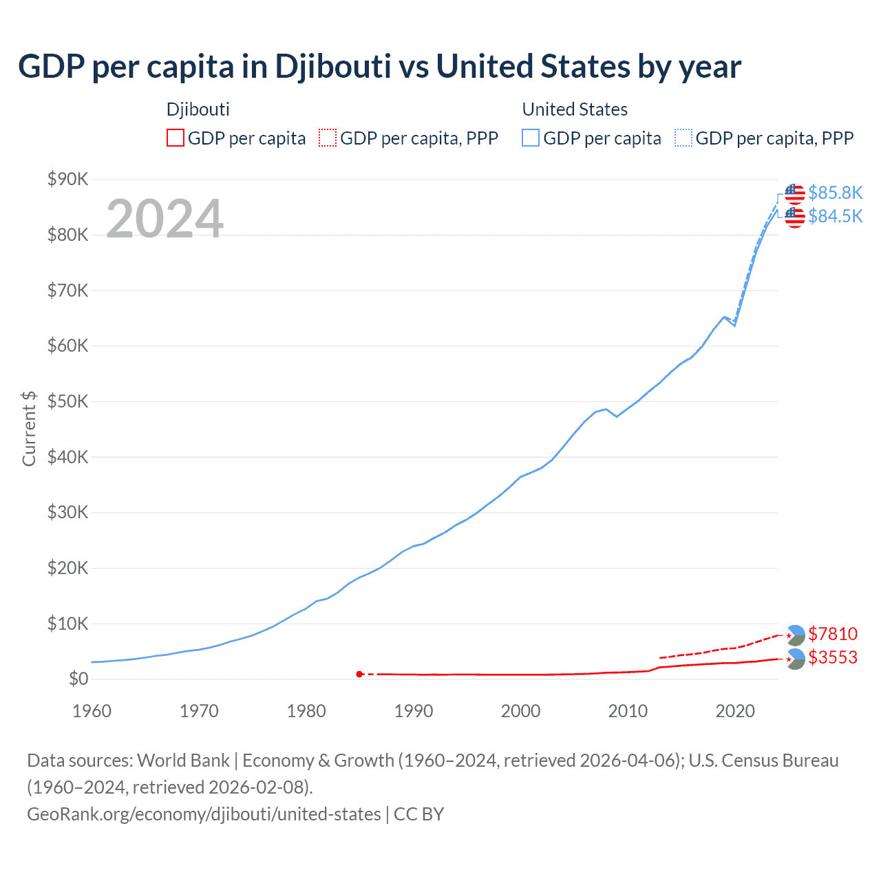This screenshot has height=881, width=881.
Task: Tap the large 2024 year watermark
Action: (164, 219)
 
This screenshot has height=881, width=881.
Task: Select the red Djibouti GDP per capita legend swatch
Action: (176, 138)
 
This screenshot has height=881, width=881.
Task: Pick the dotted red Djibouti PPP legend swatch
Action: (328, 138)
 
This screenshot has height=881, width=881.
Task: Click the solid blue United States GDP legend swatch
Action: (531, 138)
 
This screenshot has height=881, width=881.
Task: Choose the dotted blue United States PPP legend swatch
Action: (683, 138)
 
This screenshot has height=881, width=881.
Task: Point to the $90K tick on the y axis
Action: (67, 180)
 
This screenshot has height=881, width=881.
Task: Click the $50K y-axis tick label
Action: (67, 402)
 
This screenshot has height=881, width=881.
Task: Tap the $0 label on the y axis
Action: (78, 679)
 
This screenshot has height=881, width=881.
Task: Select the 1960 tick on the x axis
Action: (92, 711)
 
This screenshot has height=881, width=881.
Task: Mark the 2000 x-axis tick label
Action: (520, 711)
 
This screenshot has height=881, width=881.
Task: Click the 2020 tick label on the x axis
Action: (735, 711)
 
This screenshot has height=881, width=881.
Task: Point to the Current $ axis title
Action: (29, 428)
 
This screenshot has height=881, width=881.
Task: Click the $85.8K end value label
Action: (835, 193)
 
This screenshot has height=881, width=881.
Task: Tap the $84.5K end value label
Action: (835, 216)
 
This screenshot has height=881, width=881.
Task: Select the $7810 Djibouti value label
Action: (833, 634)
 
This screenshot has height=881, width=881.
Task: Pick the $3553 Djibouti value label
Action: (833, 657)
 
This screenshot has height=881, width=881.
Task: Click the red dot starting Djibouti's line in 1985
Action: (359, 674)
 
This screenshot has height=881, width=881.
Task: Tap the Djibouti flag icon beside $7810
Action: (795, 635)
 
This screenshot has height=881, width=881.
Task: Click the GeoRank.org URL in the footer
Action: (204, 814)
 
